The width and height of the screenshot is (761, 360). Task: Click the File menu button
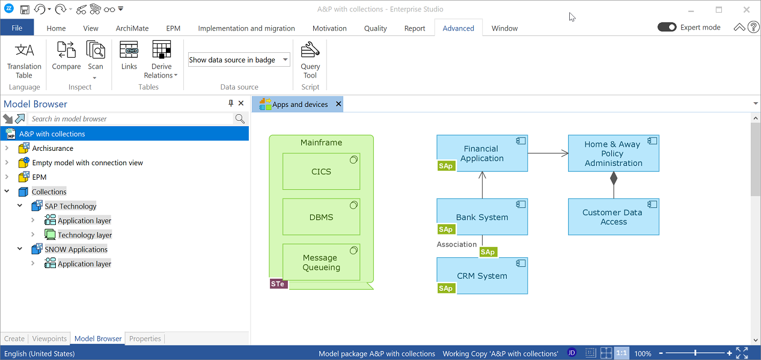tap(17, 28)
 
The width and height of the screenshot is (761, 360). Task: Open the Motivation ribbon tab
tap(329, 28)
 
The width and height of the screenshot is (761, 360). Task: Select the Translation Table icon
tap(25, 50)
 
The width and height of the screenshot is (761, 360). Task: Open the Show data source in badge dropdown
tap(239, 59)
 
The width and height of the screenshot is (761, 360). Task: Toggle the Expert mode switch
tap(667, 27)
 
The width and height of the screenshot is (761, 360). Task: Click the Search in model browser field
tap(131, 118)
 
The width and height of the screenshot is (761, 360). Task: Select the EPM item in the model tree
tap(39, 177)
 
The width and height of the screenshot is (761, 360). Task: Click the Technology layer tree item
tap(85, 235)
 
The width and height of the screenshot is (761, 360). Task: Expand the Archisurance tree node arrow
tap(7, 148)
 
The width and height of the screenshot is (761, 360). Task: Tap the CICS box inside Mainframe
tap(321, 171)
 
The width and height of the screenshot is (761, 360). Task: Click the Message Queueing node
tap(321, 262)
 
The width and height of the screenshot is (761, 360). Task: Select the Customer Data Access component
tap(614, 217)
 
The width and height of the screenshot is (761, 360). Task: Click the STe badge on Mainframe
tap(278, 284)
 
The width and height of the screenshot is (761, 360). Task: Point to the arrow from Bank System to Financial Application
tap(482, 185)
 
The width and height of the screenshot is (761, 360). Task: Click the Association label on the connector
tap(457, 244)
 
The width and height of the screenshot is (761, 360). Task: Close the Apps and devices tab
tap(338, 104)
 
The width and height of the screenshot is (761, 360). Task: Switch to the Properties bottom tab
tap(145, 338)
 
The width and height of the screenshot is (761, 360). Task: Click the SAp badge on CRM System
tap(446, 288)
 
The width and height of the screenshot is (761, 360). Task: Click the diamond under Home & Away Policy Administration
tap(614, 178)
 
